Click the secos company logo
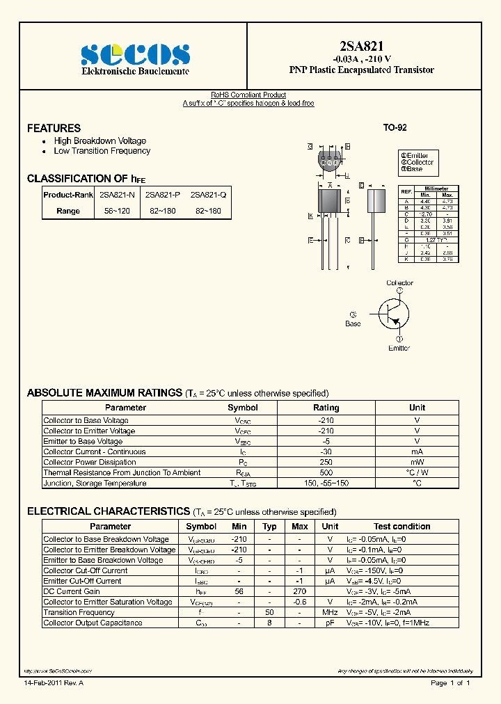(134, 54)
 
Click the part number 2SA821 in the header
(361, 47)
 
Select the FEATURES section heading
(54, 128)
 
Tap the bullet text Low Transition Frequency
(102, 151)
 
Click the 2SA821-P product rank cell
(163, 195)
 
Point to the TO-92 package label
(395, 128)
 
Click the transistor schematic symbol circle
(391, 314)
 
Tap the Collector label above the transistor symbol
(399, 283)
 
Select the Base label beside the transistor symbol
(353, 323)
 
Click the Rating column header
(326, 408)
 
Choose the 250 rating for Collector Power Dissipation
(326, 462)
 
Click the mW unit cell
(417, 462)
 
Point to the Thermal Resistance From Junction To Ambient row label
(122, 472)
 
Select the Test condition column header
(401, 527)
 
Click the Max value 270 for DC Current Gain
(299, 591)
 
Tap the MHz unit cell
(330, 612)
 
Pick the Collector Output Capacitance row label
(93, 623)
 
